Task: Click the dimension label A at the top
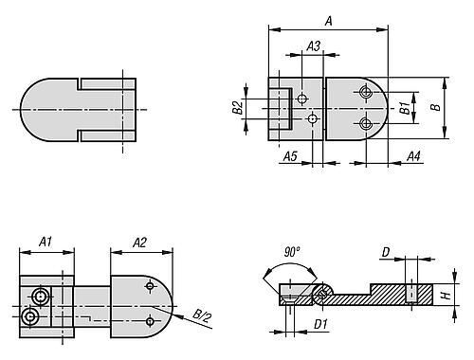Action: [x=329, y=21]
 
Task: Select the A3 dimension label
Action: [x=314, y=46]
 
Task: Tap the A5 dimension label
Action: [x=290, y=156]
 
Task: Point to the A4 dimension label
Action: [x=413, y=156]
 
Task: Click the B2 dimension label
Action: [x=238, y=107]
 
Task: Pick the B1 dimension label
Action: [x=405, y=108]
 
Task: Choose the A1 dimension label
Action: [x=46, y=242]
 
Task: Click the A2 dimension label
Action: [x=139, y=243]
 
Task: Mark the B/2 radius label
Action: [x=201, y=315]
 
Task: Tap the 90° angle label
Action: [x=291, y=252]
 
